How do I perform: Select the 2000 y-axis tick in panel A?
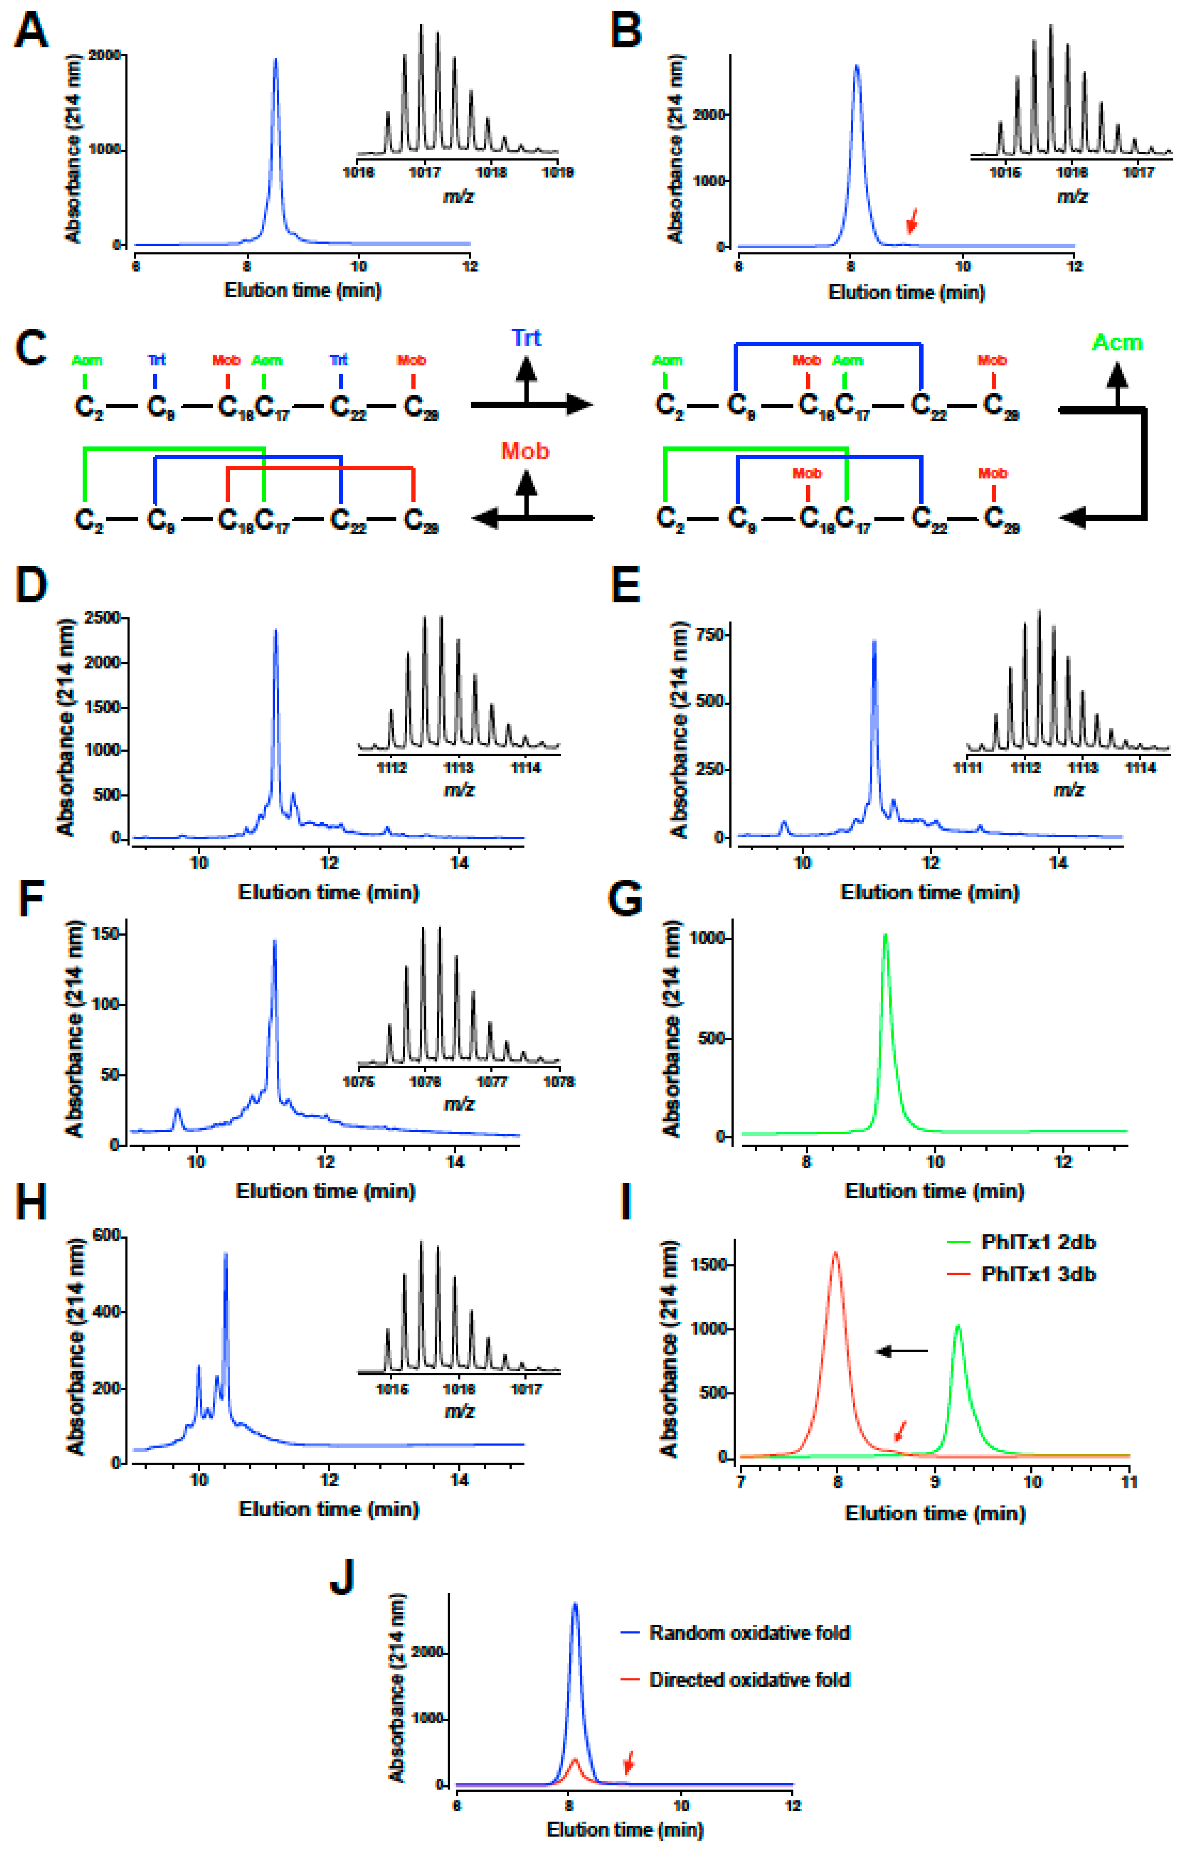point(104,55)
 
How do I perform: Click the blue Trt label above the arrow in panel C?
point(526,338)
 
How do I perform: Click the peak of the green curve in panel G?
point(886,936)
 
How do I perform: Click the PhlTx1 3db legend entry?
point(1038,1275)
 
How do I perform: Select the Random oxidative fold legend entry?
point(749,1633)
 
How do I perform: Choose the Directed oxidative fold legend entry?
point(749,1680)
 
